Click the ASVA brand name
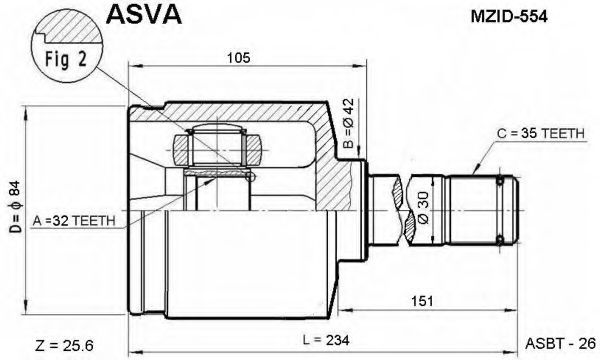[x=143, y=14]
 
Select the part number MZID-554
[x=509, y=16]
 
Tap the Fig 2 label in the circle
[x=66, y=59]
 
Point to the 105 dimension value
[x=238, y=58]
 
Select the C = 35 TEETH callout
[x=541, y=134]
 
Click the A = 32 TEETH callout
[x=74, y=221]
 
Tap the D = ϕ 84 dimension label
[x=16, y=207]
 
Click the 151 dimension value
[x=422, y=301]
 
